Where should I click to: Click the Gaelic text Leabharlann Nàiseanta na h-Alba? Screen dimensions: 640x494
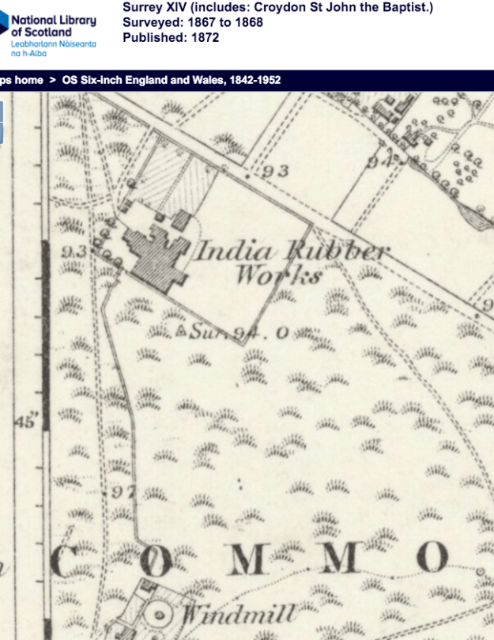(x=54, y=48)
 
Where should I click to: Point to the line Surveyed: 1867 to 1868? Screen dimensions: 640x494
(x=193, y=22)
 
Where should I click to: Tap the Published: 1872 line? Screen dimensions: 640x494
(x=171, y=37)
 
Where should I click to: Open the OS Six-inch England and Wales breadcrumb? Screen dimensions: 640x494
(x=171, y=80)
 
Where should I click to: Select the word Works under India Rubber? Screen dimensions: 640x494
(x=279, y=276)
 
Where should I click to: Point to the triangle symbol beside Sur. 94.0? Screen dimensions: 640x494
(x=182, y=330)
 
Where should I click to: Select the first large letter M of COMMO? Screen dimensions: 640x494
(x=248, y=559)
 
